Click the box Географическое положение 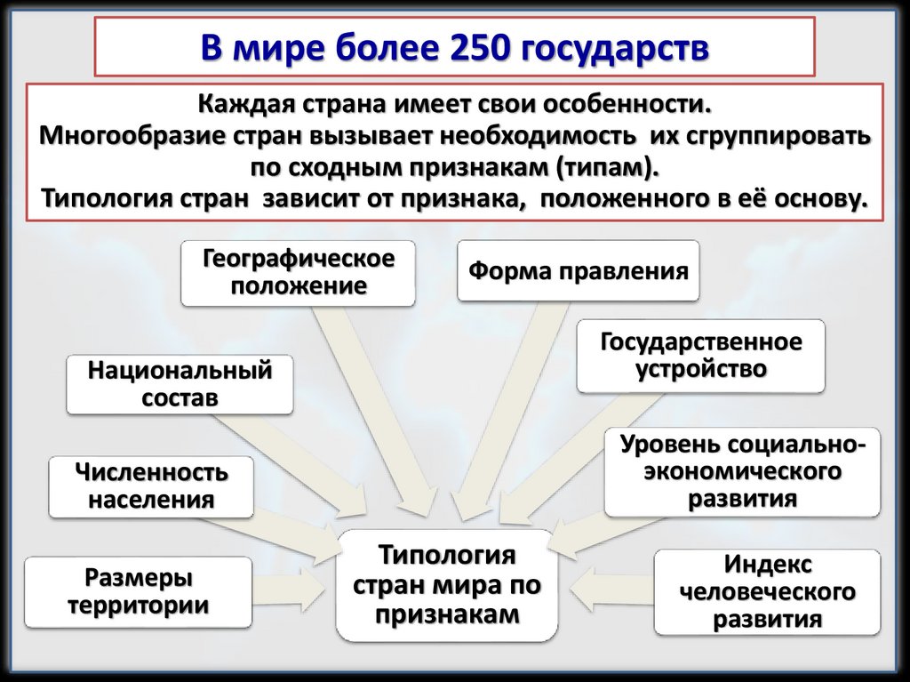click(x=298, y=272)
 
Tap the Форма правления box click(x=579, y=270)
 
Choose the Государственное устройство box click(x=700, y=356)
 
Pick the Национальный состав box click(x=180, y=383)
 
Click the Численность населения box click(x=150, y=485)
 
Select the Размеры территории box click(x=138, y=592)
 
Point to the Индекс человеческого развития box click(x=767, y=592)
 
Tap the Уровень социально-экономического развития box click(x=742, y=470)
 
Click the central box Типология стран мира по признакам click(x=447, y=584)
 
